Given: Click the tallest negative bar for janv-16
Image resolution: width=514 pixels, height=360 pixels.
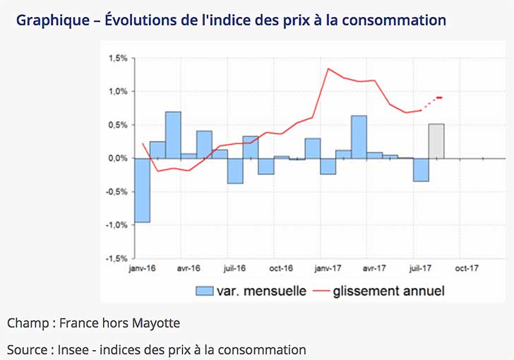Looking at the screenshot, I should [x=142, y=190].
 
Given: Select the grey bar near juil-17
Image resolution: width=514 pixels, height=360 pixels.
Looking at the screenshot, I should [x=436, y=141].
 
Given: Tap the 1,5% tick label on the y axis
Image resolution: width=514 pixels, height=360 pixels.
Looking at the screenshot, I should [x=117, y=59].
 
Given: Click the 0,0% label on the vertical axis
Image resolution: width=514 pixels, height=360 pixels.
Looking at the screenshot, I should [x=117, y=158].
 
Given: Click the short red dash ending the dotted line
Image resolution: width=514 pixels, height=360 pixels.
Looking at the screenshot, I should [x=439, y=97].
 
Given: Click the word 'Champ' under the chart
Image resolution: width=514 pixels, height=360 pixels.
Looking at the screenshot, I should [x=27, y=323].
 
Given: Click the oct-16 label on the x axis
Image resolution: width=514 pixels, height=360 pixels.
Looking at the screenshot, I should [x=281, y=268].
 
